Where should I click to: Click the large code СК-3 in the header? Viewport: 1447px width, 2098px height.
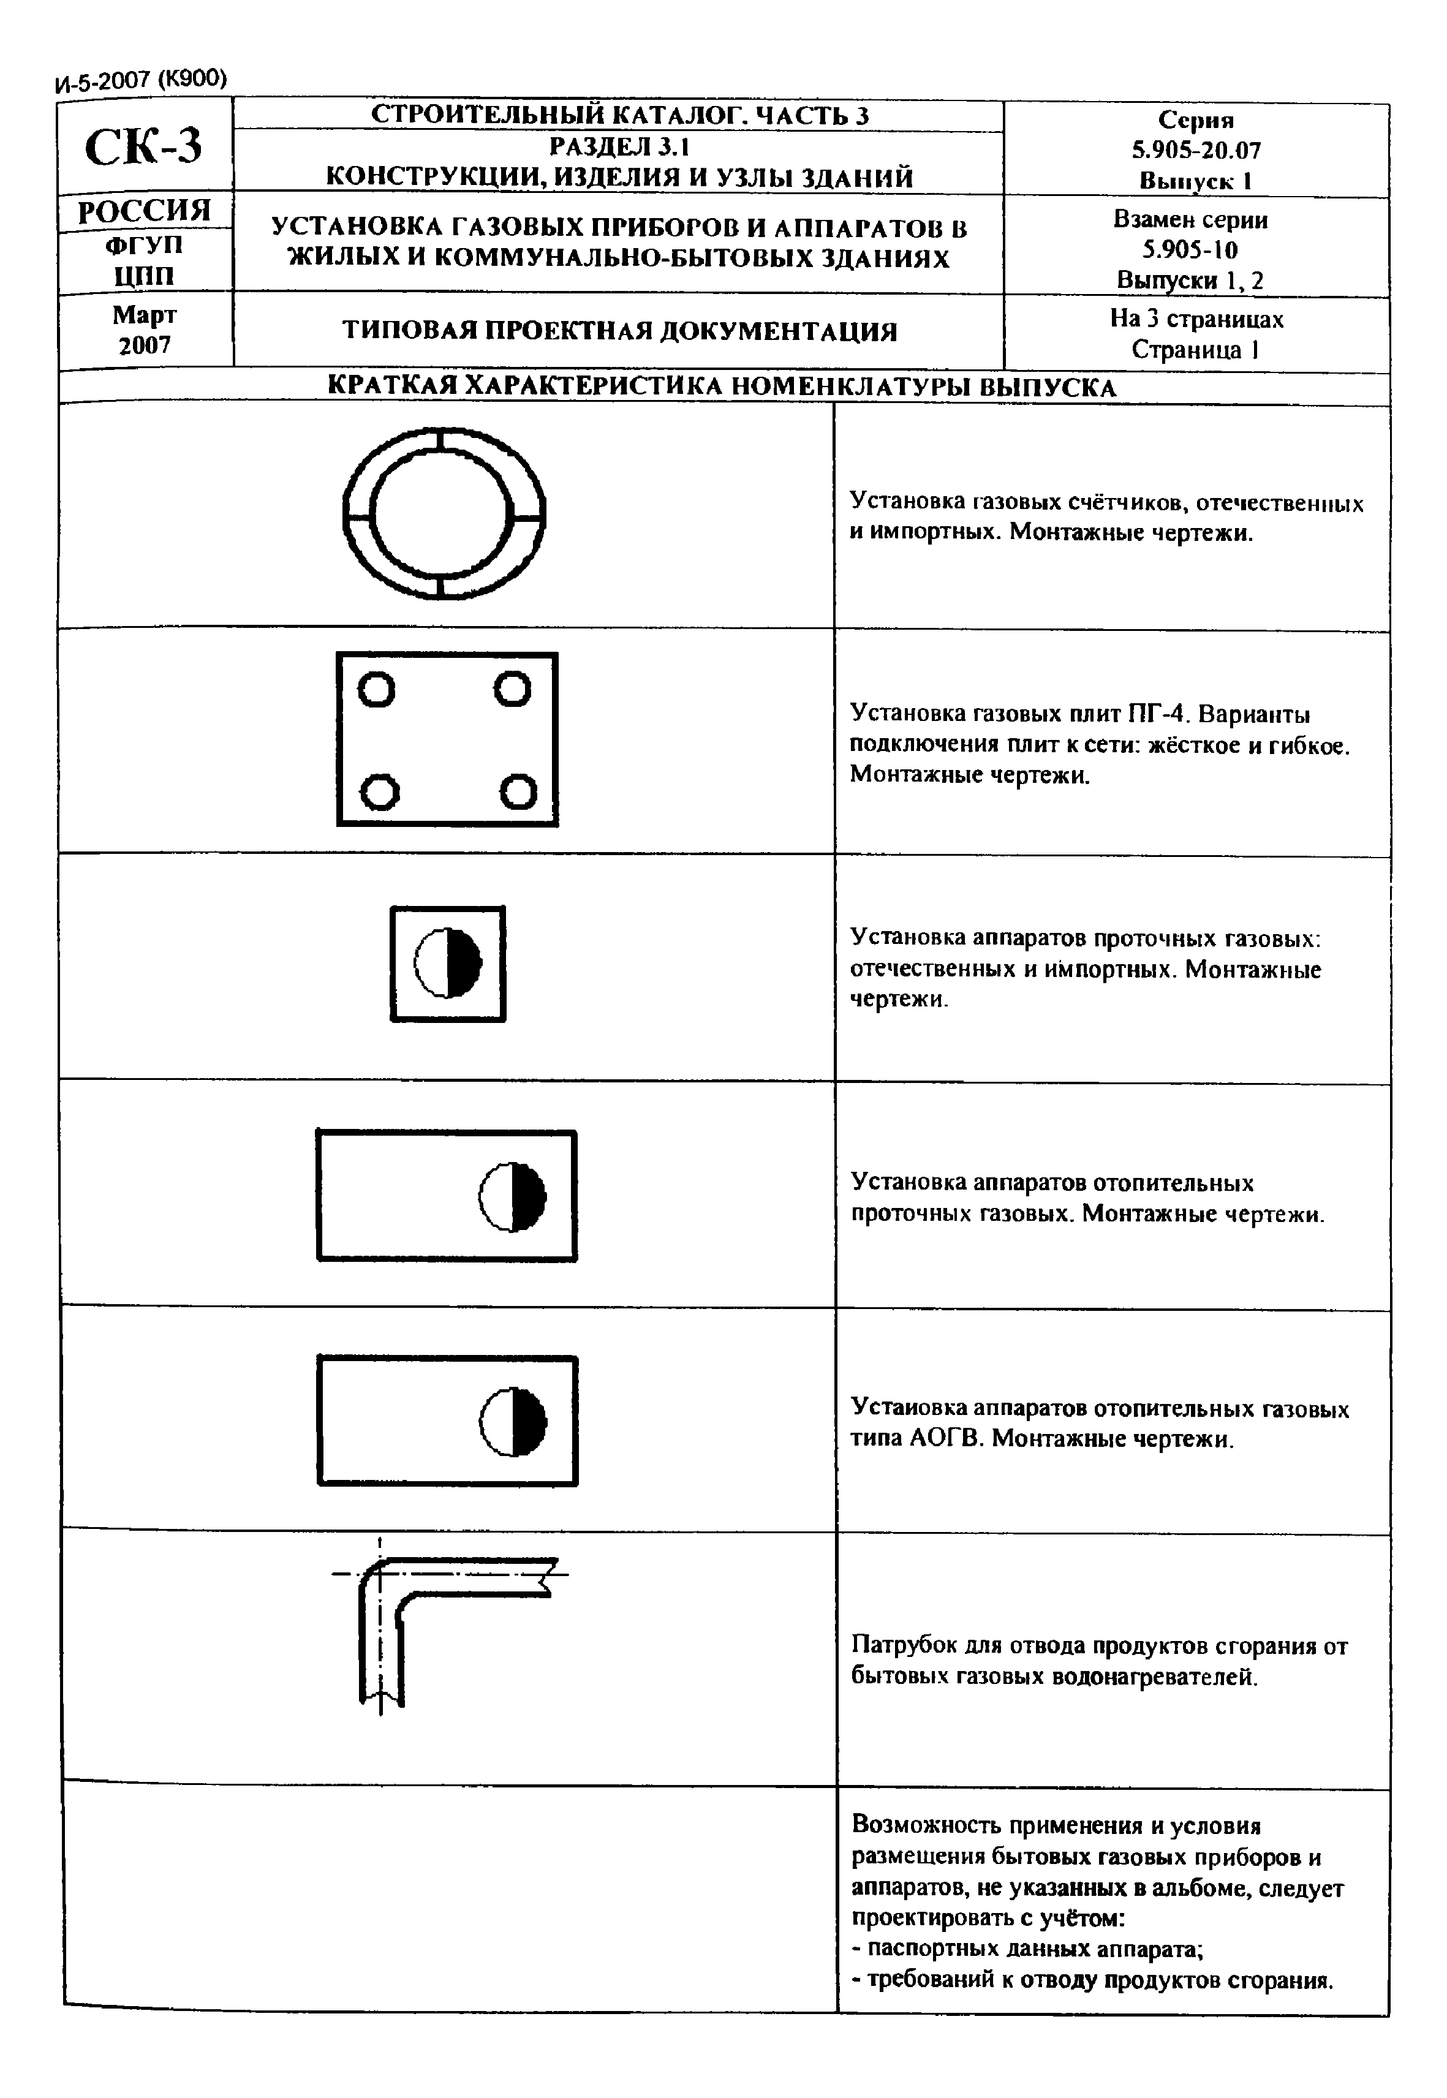[143, 147]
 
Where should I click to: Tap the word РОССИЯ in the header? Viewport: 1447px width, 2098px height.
[144, 212]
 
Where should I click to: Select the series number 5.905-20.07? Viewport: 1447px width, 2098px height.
[1195, 149]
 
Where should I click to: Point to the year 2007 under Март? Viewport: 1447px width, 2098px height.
[144, 345]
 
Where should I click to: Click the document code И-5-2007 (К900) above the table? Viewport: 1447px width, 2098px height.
[140, 81]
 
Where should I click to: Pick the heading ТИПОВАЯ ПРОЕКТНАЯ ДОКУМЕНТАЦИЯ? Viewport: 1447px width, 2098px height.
[619, 331]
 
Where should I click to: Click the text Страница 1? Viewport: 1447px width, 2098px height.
[1195, 350]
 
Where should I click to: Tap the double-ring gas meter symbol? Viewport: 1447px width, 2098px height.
[444, 513]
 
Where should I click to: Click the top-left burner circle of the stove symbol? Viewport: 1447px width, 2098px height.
[376, 690]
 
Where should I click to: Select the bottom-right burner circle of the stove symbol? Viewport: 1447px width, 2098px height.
[518, 791]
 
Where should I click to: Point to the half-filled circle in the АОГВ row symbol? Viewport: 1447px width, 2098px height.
[513, 1421]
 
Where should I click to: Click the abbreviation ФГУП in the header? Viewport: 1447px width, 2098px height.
[144, 245]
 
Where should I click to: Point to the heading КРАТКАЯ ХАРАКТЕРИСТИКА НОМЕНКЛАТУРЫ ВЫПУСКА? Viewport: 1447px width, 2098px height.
[721, 387]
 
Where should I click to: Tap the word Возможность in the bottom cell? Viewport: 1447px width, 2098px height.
[927, 1825]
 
